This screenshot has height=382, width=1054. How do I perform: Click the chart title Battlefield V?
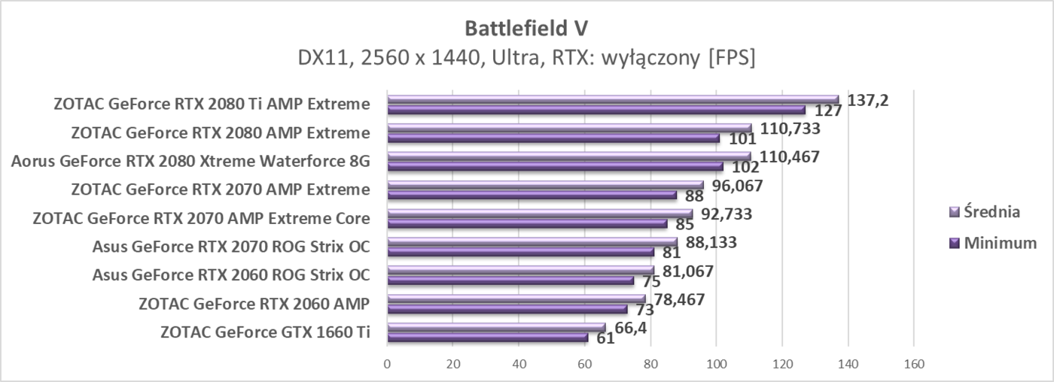pos(526,28)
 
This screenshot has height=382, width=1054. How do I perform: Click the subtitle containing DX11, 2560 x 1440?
pos(526,58)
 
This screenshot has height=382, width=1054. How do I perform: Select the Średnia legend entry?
pos(986,212)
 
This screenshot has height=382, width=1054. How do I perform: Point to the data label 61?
pos(605,339)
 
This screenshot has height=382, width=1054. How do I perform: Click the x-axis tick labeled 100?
pos(716,364)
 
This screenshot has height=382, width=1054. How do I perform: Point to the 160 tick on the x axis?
pos(913,364)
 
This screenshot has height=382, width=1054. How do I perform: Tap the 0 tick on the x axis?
pos(387,364)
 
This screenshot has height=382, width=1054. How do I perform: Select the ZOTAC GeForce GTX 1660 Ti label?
pos(265,332)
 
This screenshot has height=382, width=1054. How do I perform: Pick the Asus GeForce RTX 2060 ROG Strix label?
pos(230,275)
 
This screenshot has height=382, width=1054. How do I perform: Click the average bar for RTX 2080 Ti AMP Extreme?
pos(613,99)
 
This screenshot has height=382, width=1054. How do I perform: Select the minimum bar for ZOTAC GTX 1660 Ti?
pos(487,338)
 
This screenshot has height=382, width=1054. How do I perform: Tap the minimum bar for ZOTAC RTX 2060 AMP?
pos(507,309)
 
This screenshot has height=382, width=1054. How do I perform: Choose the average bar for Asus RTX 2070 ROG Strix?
pos(532,242)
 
